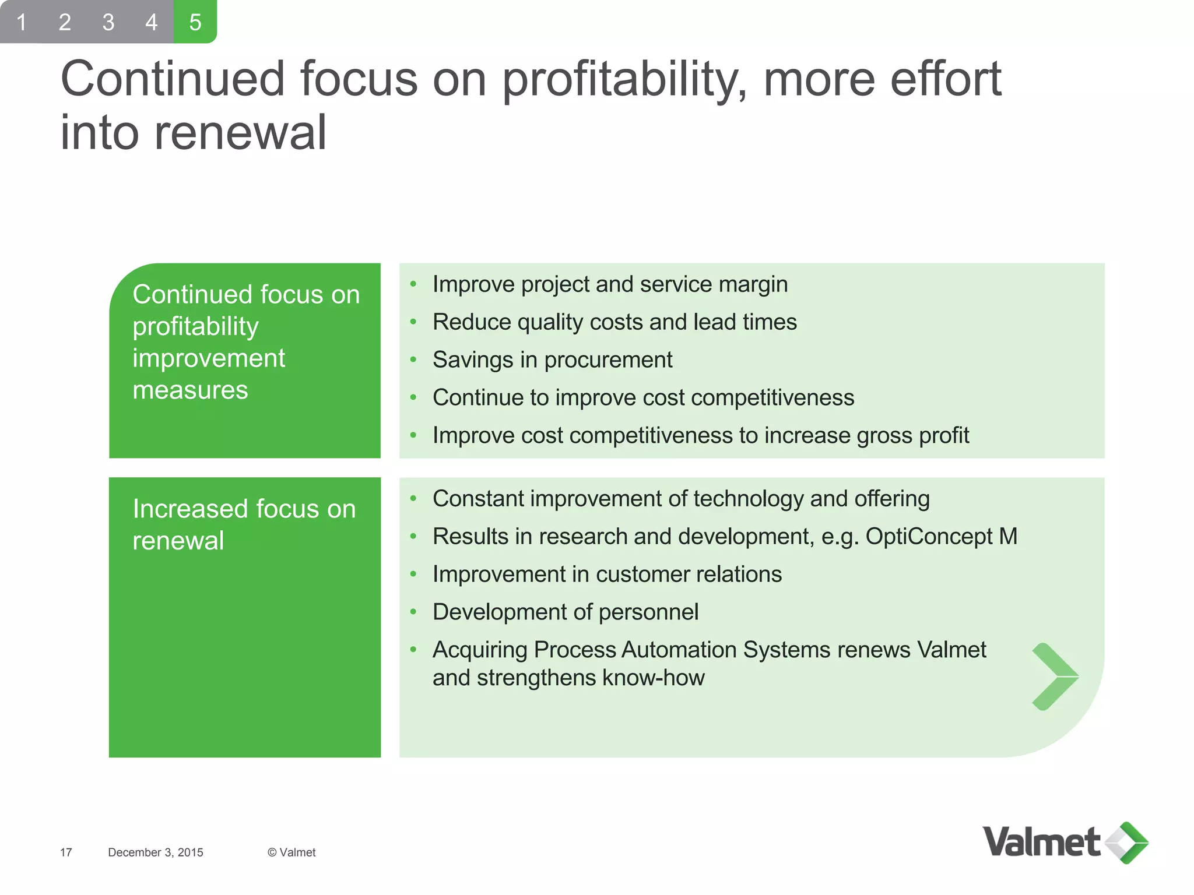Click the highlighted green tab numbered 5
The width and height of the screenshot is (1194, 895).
pos(195,22)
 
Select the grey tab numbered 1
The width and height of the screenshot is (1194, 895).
pos(22,22)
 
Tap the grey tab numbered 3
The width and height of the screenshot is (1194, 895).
pos(108,22)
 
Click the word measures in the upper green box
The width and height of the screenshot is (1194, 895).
pos(190,390)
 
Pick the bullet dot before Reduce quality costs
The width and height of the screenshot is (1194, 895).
pos(413,322)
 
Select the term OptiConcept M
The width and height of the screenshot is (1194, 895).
pos(941,537)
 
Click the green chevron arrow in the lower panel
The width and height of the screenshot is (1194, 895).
pos(1054,677)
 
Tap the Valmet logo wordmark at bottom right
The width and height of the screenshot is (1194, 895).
pos(1041,843)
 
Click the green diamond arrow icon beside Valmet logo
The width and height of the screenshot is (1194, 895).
pos(1127,843)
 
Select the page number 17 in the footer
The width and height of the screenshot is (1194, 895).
pos(66,852)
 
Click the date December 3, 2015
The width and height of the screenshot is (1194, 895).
pos(156,852)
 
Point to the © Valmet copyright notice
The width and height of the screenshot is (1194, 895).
pos(292,852)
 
